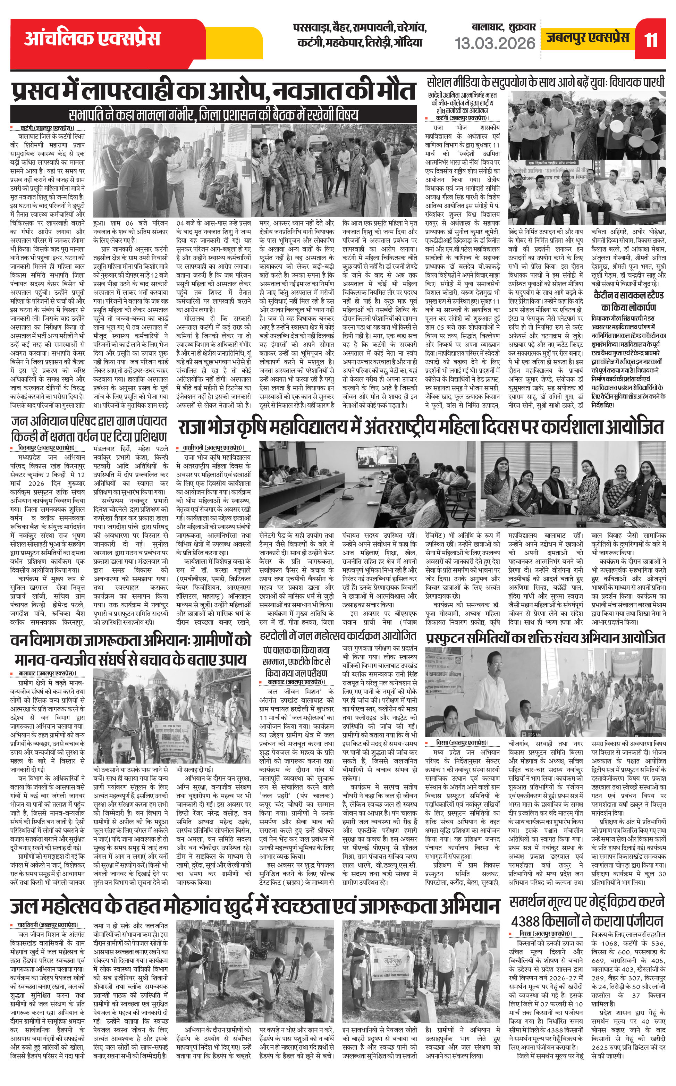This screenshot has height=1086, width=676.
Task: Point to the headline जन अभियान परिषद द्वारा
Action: [x=88, y=428]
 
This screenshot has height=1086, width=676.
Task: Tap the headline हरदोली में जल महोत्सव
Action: [x=338, y=635]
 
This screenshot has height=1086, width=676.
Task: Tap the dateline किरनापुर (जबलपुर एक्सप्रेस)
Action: [x=46, y=447]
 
